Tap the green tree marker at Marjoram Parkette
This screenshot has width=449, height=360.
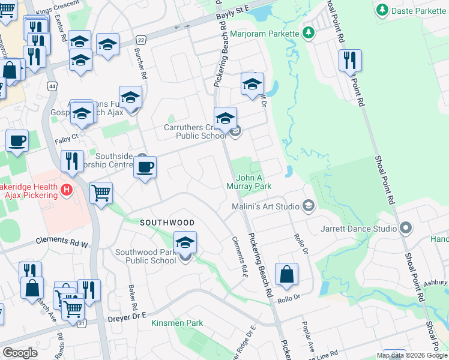click(x=309, y=32)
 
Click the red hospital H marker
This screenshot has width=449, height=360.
click(x=67, y=191)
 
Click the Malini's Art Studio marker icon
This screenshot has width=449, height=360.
click(x=309, y=206)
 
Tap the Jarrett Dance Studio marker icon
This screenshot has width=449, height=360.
click(x=405, y=228)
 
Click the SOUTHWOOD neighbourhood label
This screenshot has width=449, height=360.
click(x=167, y=223)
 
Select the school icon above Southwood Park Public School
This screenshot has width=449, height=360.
click(x=185, y=243)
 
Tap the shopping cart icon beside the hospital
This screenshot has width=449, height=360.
click(x=101, y=193)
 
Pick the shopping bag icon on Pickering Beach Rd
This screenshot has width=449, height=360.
click(x=287, y=274)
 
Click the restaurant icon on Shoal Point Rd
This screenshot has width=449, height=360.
click(x=349, y=60)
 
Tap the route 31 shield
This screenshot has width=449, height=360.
click(x=80, y=324)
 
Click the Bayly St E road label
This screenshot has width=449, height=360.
click(x=234, y=10)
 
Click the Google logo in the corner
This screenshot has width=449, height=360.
click(x=20, y=353)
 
